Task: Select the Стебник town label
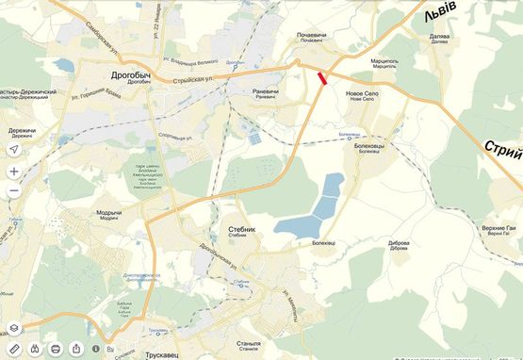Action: point(242,228)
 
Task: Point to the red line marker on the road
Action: point(323,79)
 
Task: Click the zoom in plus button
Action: point(14,172)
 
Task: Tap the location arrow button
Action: point(14,150)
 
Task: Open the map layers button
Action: point(14,328)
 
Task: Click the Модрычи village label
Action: point(108,212)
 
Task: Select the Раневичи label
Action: point(266,90)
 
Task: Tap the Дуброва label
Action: point(399,242)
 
